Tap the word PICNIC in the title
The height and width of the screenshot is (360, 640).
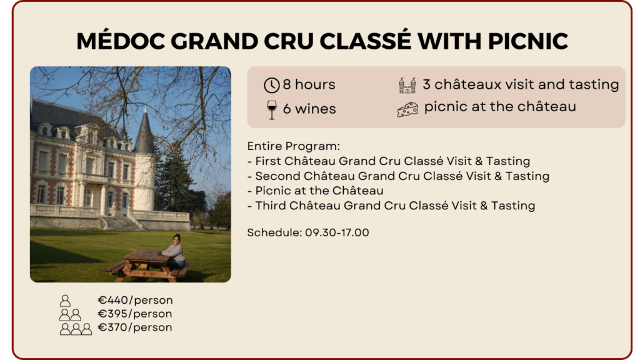[x=527, y=41]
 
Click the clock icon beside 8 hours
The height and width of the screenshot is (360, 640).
[x=271, y=85]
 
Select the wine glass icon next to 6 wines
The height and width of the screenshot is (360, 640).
[x=271, y=109]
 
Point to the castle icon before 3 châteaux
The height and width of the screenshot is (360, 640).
[x=407, y=85]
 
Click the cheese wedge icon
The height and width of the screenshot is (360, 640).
[x=407, y=109]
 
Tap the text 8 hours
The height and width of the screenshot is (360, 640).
[x=309, y=84]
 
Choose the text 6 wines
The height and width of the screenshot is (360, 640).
[x=309, y=109]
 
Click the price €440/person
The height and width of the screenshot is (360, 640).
[x=135, y=300]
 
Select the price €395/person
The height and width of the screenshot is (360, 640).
[x=135, y=314]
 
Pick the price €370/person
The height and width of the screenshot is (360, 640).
[x=135, y=327]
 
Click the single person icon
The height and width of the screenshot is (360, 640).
[x=65, y=301]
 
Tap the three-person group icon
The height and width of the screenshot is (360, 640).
[x=76, y=329]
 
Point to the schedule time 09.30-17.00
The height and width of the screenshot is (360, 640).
[x=337, y=232]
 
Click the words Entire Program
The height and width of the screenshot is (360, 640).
[x=292, y=146]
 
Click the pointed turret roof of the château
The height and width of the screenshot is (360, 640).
[x=145, y=130]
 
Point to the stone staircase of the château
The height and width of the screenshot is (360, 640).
[x=122, y=223]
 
